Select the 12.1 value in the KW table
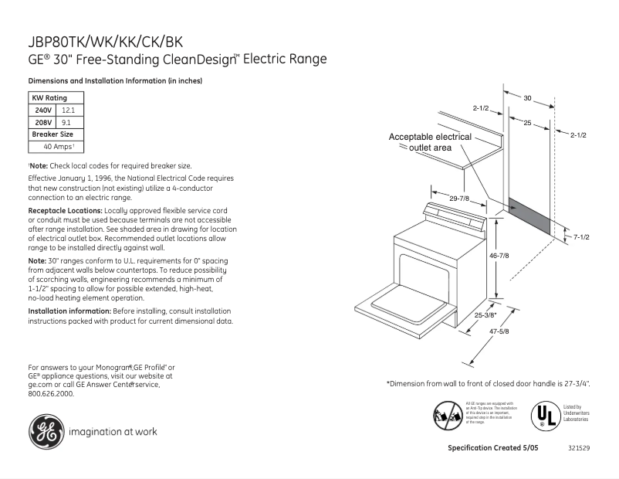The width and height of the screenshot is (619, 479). tap(68, 110)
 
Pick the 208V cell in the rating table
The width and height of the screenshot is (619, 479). tap(42, 122)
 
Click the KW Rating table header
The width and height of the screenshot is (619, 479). tap(49, 98)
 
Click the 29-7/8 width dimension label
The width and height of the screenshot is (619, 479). tap(461, 199)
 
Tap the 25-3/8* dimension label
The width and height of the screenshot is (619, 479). tap(486, 314)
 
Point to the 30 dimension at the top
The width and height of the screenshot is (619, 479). tap(528, 98)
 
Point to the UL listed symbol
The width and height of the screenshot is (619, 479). tap(543, 415)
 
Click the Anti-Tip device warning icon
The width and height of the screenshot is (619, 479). tap(448, 416)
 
